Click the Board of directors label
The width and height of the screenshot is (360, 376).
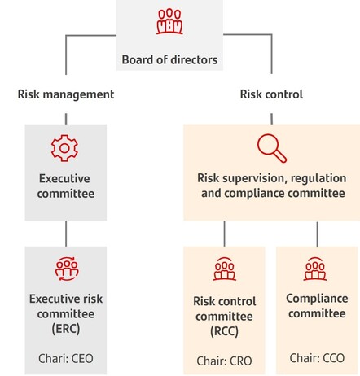pos(169,59)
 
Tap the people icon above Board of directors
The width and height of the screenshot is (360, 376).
pos(169,21)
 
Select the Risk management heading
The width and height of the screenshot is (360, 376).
pos(66,94)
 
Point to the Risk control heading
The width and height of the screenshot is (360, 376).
pos(271,94)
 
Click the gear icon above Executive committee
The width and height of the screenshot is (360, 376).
pos(64,148)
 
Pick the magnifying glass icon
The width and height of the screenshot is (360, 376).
pos(272,148)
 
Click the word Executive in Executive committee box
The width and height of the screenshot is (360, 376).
pos(64,178)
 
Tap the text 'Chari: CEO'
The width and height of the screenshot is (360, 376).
pos(66,358)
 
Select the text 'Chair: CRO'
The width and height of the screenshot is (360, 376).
pos(224,361)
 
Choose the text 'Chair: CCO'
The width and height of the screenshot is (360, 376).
pos(317,358)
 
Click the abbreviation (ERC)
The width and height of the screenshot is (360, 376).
pos(66,329)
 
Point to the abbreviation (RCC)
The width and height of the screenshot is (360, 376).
pos(224,331)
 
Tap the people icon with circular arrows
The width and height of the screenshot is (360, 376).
pos(67,269)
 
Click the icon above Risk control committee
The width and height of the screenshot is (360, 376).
pos(224,269)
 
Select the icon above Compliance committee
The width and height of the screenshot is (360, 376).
pos(315,269)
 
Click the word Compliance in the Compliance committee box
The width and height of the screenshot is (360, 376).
pos(317,299)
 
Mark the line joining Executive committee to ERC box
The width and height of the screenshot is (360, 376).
pos(66,234)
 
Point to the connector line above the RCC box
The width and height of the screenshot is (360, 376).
pos(224,234)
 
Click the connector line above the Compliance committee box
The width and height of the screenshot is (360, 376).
pos(317,234)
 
